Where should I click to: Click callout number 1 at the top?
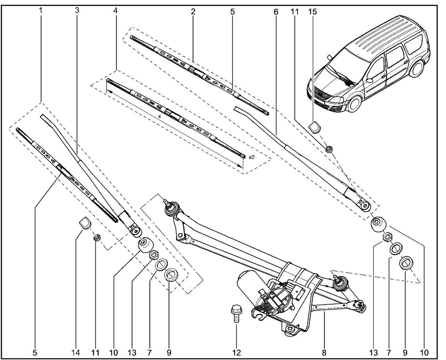40,10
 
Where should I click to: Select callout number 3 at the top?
77,10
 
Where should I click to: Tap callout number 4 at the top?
115,10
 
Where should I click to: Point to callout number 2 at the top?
193,11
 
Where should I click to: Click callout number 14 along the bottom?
76,353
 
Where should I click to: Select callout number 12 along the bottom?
237,353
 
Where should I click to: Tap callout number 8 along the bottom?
324,353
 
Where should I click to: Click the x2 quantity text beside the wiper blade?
252,157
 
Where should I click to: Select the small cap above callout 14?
84,222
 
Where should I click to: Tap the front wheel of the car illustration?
355,104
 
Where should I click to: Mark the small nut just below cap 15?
329,149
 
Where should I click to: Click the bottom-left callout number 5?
35,353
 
